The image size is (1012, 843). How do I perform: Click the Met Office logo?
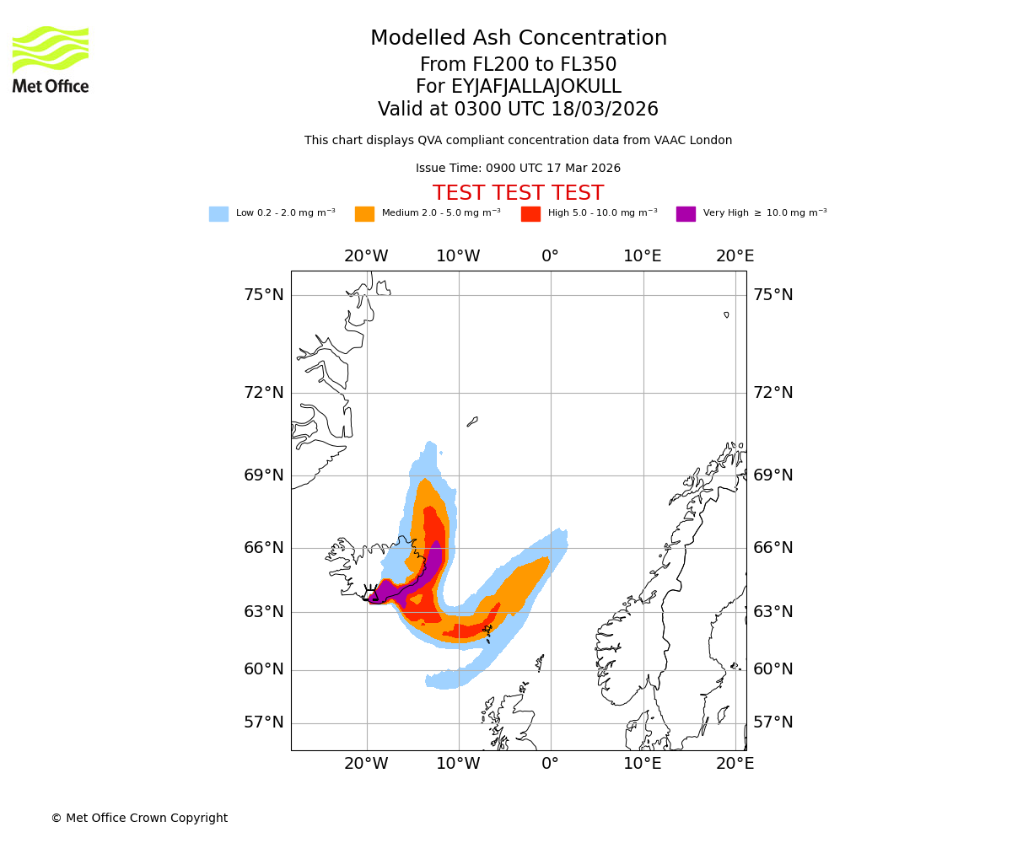pyautogui.click(x=51, y=59)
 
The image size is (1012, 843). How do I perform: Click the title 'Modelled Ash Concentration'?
pyautogui.click(x=518, y=39)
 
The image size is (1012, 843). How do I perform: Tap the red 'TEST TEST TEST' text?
pyautogui.click(x=518, y=194)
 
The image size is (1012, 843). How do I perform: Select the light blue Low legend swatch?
pyautogui.click(x=218, y=214)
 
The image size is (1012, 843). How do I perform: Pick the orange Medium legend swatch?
pyautogui.click(x=364, y=214)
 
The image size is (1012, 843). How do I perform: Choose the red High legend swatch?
pyautogui.click(x=530, y=214)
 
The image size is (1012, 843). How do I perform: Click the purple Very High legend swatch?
pyautogui.click(x=686, y=214)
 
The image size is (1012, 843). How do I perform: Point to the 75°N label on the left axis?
pyautogui.click(x=264, y=295)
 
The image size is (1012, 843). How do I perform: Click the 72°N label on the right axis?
pyautogui.click(x=773, y=393)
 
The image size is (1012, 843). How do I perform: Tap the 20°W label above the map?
pyautogui.click(x=366, y=256)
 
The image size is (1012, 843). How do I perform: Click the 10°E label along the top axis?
pyautogui.click(x=643, y=256)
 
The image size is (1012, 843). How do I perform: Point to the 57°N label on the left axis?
pyautogui.click(x=264, y=722)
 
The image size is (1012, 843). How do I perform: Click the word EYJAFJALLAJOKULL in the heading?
pyautogui.click(x=536, y=87)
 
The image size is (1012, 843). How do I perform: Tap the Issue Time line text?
pyautogui.click(x=518, y=169)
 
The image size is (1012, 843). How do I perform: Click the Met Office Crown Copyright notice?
pyautogui.click(x=139, y=819)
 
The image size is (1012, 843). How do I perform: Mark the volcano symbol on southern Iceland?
pyautogui.click(x=370, y=591)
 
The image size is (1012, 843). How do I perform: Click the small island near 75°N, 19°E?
pyautogui.click(x=726, y=314)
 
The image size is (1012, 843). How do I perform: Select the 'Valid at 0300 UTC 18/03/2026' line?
pyautogui.click(x=518, y=110)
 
